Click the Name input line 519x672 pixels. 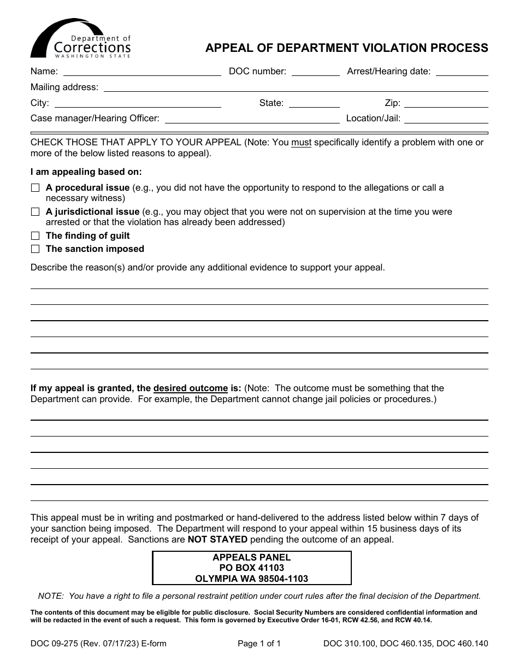tap(142, 71)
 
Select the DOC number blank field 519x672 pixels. tap(316, 71)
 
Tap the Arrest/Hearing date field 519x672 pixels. tap(462, 71)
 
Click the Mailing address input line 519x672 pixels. tap(296, 87)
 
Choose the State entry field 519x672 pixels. tap(314, 103)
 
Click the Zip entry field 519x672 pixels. tap(446, 103)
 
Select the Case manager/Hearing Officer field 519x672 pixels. tap(252, 119)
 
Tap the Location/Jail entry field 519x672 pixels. tap(446, 119)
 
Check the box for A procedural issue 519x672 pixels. tap(36, 188)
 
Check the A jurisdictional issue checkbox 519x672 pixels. tap(36, 212)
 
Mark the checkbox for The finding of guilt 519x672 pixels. tap(36, 236)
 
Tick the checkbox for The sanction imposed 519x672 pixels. tap(36, 249)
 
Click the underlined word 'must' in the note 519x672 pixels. tap(301, 143)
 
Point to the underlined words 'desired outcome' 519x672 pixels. tap(190, 388)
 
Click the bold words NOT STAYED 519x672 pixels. tap(217, 540)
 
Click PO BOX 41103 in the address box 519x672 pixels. tap(251, 568)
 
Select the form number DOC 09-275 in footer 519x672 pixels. tap(55, 644)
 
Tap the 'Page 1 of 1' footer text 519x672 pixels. tap(259, 644)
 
